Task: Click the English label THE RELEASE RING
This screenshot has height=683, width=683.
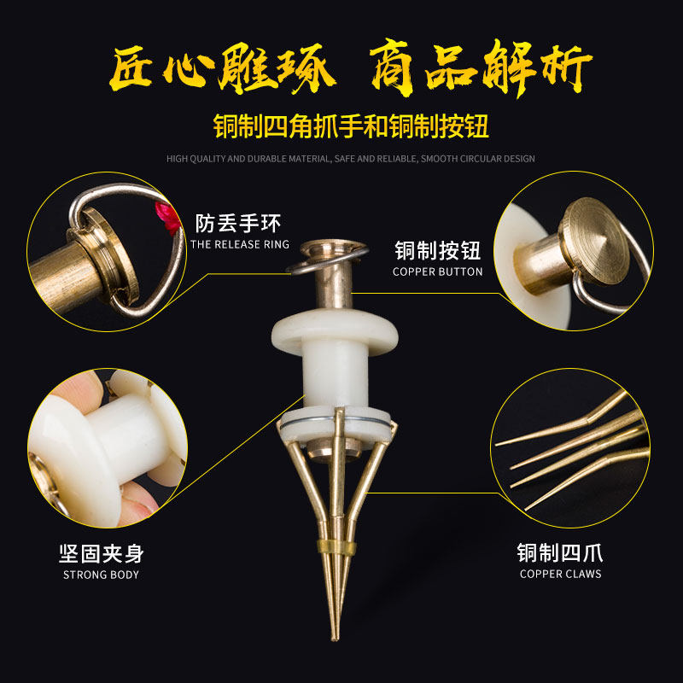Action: (240, 244)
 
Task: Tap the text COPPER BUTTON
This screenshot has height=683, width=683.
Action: (438, 271)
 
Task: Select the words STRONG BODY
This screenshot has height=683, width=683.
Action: (101, 575)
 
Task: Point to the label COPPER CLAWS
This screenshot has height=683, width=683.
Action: (561, 574)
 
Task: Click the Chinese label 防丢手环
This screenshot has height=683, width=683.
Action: (238, 224)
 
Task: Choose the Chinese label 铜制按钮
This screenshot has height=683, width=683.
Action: (438, 251)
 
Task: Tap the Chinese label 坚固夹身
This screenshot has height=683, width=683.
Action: (101, 554)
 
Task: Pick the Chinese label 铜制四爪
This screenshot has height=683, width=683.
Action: (560, 553)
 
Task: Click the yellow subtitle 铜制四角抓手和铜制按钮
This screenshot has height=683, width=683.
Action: (351, 126)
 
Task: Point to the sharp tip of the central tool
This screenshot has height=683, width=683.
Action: (335, 639)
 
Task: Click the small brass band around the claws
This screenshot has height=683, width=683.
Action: (336, 547)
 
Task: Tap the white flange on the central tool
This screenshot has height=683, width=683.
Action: (335, 332)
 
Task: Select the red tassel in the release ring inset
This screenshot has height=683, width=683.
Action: (168, 218)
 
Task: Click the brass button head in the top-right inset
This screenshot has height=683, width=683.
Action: (594, 241)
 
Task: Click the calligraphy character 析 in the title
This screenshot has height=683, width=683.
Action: (566, 69)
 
